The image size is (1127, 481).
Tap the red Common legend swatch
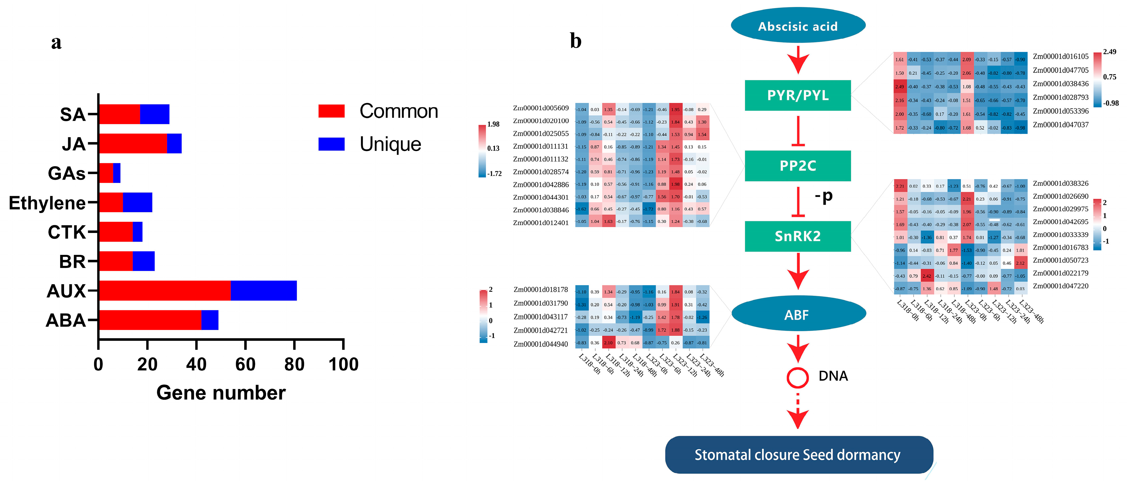331,111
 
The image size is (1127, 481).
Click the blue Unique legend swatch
331,144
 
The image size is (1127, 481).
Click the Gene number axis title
221,393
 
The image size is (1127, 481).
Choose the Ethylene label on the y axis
47,203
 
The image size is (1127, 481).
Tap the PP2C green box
798,166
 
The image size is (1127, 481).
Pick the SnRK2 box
798,236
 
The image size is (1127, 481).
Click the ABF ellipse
798,314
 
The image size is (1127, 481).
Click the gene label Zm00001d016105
1060,56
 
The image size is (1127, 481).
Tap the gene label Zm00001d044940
541,344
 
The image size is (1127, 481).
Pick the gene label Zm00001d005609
541,108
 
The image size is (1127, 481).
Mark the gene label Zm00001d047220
1060,286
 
